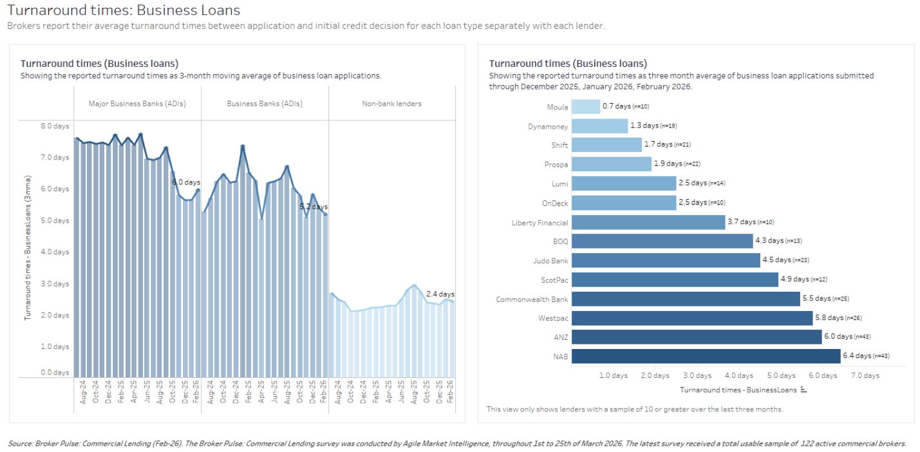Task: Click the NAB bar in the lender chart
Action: tap(706, 356)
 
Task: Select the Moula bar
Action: tap(585, 107)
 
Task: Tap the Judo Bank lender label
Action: tap(551, 261)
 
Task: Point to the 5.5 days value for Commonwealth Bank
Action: tap(816, 299)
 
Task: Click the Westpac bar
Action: tap(692, 318)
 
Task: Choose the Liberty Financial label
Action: tap(540, 223)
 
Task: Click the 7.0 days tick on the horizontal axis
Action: tap(865, 375)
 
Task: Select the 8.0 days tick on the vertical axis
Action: tap(55, 126)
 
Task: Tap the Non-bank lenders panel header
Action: tap(391, 104)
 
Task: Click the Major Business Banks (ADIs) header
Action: tap(137, 104)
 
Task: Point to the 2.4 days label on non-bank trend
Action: tap(440, 294)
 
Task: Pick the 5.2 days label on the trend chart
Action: tap(313, 207)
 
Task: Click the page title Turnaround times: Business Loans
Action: tap(124, 10)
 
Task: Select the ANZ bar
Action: tap(697, 337)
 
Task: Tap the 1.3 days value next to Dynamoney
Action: tap(645, 126)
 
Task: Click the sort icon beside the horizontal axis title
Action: tap(803, 390)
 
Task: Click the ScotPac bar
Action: tap(675, 279)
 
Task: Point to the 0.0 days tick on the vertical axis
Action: tap(55, 373)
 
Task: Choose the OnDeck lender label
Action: tap(555, 203)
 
